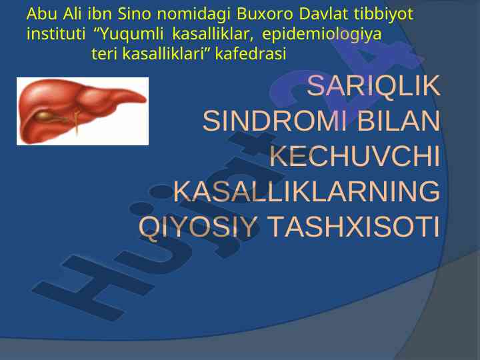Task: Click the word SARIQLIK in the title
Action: [x=373, y=86]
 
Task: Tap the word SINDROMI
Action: [x=275, y=121]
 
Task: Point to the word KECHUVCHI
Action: [x=355, y=156]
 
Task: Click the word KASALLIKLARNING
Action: [x=307, y=191]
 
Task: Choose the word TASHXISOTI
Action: [x=355, y=227]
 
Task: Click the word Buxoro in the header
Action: [x=265, y=14]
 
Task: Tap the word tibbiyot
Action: [x=383, y=15]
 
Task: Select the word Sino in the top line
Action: [x=135, y=14]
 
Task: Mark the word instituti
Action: [x=56, y=34]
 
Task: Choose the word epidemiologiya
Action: [x=322, y=35]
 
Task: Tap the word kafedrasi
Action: [x=251, y=54]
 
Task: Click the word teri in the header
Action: [x=105, y=54]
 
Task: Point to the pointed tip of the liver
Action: [x=146, y=99]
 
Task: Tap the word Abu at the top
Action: [x=41, y=14]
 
